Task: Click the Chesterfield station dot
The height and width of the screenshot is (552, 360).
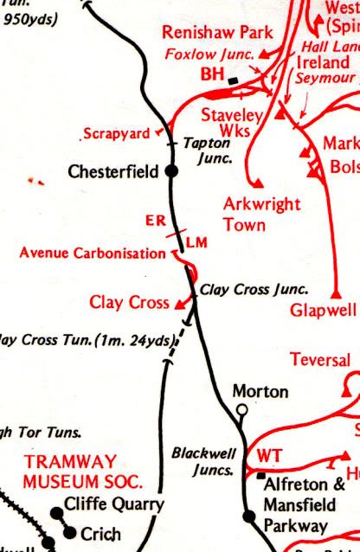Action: [171, 171]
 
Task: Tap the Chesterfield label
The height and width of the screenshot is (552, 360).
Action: [113, 172]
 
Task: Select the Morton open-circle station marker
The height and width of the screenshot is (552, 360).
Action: [242, 409]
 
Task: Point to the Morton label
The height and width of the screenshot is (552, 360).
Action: [260, 392]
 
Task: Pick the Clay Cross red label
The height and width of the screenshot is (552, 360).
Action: [129, 302]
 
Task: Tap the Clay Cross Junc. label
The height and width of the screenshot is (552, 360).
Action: [254, 291]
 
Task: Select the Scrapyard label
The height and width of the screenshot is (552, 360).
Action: [117, 134]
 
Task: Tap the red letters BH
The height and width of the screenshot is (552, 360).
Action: [212, 76]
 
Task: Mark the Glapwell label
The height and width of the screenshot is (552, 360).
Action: [324, 310]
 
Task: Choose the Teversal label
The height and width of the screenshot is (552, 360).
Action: [320, 360]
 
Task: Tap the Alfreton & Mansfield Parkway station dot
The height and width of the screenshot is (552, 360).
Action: [249, 517]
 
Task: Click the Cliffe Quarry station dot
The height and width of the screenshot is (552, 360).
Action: [57, 513]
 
